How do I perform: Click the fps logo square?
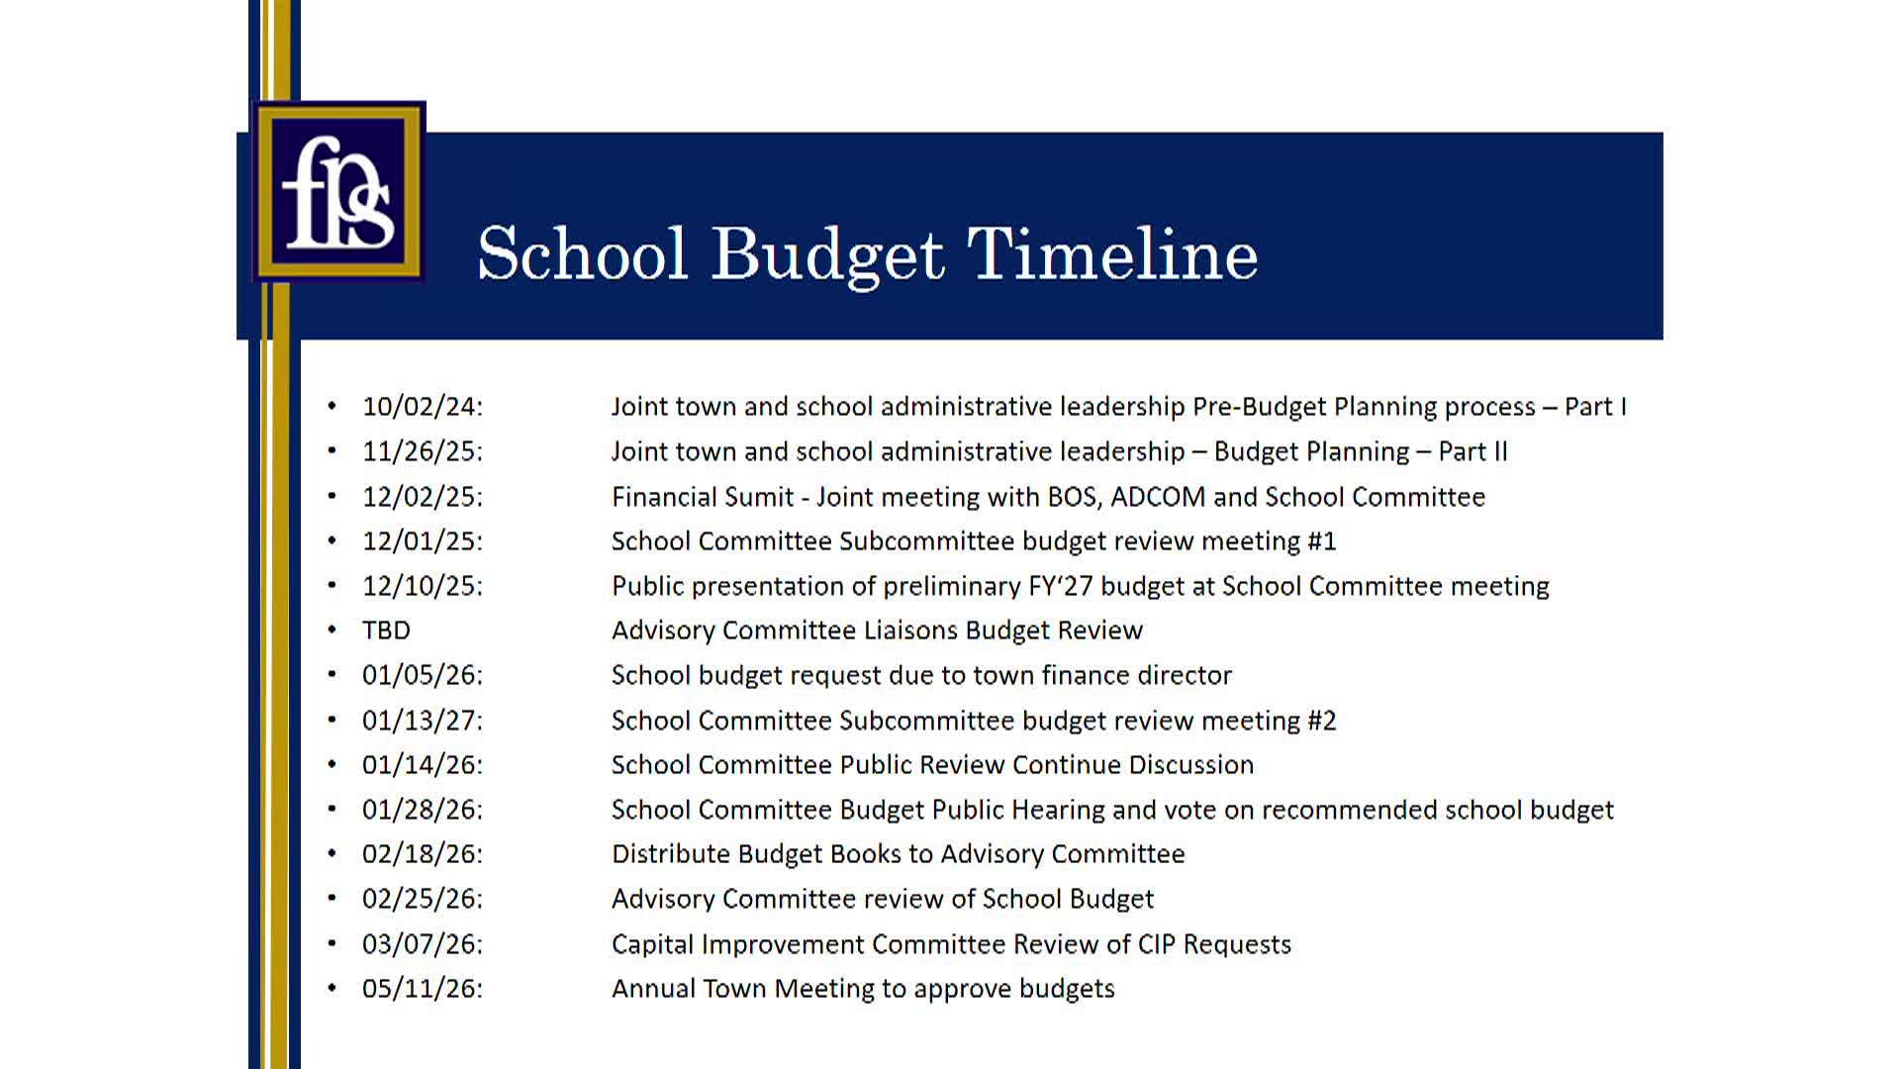(339, 191)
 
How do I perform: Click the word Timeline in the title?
(1111, 254)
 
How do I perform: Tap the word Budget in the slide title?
(827, 254)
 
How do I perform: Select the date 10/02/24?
(422, 407)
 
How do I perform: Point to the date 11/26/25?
(422, 451)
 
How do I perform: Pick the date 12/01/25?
(422, 541)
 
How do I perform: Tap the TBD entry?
(386, 631)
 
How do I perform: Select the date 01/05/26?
(422, 675)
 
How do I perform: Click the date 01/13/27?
(422, 721)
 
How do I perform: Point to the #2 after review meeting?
(1322, 721)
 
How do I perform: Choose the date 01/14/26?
(422, 765)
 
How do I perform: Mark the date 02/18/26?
(422, 854)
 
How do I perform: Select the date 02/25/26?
(422, 899)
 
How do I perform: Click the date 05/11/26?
(422, 989)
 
